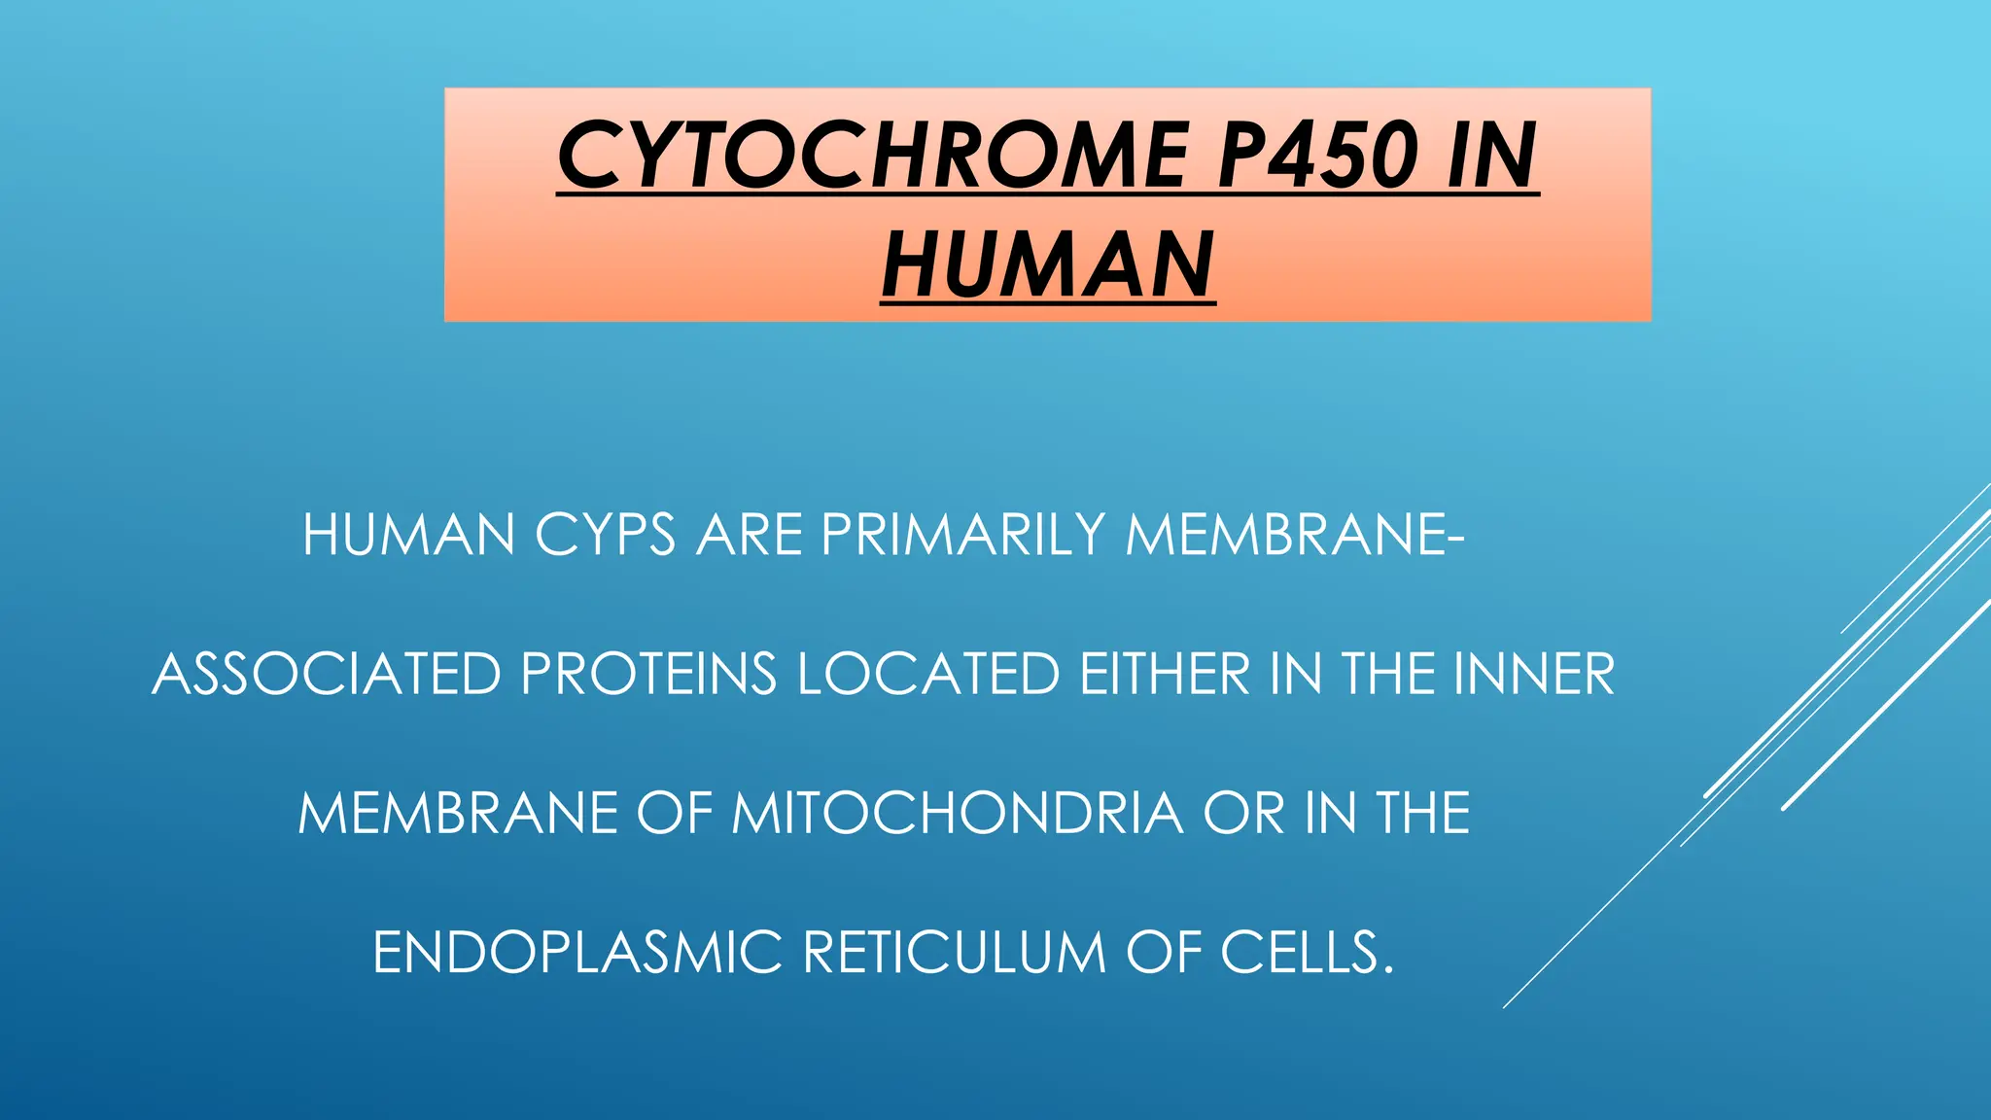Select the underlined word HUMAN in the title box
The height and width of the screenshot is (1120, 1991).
click(x=1048, y=265)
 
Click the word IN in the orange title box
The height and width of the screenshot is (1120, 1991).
click(x=1491, y=156)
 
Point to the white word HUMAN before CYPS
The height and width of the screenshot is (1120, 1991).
click(x=408, y=535)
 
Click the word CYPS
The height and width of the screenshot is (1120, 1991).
click(x=605, y=535)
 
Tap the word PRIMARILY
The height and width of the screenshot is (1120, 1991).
click(x=963, y=535)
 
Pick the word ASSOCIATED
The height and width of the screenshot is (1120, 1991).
click(x=327, y=674)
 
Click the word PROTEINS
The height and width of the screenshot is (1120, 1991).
click(x=648, y=674)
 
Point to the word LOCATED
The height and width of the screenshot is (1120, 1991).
click(x=928, y=674)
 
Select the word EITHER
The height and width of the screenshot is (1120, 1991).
click(x=1165, y=674)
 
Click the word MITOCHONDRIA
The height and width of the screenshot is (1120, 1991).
click(x=958, y=813)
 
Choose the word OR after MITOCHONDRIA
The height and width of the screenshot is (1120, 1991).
click(x=1243, y=813)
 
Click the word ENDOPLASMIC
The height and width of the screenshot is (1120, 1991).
click(x=577, y=952)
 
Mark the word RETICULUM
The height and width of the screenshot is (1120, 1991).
click(x=954, y=952)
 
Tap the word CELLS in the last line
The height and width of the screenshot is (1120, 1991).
click(x=1299, y=952)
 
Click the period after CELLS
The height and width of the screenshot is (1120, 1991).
click(x=1387, y=969)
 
